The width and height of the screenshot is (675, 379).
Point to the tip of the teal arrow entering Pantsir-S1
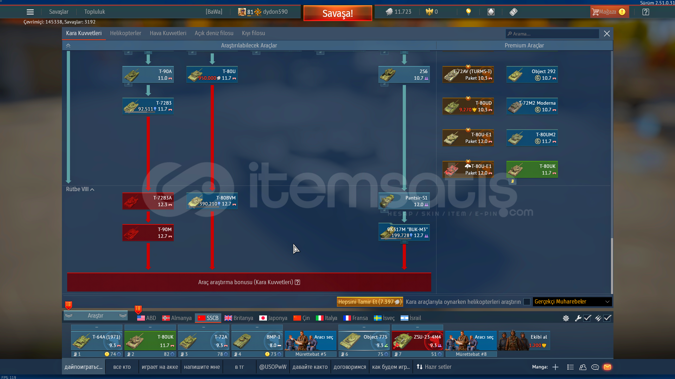click(404, 191)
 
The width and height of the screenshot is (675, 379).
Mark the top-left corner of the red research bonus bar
click(67, 273)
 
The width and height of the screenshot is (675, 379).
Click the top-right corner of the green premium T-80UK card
click(558, 161)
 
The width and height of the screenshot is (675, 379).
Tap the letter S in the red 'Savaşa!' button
click(325, 13)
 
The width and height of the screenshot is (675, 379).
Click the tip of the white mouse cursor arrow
click(294, 244)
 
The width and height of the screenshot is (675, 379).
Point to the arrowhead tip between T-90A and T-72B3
click(148, 96)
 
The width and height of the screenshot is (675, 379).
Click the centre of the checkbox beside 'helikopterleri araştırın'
click(527, 302)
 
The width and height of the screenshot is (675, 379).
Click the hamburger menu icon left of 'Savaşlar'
click(30, 12)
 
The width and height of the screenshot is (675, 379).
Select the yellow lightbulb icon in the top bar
click(468, 12)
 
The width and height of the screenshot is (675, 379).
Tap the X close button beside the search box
click(607, 34)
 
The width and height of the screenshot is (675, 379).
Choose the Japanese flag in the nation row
click(263, 318)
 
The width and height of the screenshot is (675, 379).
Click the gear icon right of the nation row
click(566, 318)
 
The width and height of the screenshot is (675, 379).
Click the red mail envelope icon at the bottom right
click(607, 367)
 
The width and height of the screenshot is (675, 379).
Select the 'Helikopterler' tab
click(126, 33)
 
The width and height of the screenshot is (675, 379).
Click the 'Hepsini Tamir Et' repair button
click(370, 302)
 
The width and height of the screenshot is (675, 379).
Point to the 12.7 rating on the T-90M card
click(162, 236)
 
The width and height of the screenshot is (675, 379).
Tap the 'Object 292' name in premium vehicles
click(543, 71)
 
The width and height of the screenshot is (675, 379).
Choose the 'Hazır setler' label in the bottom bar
click(438, 367)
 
